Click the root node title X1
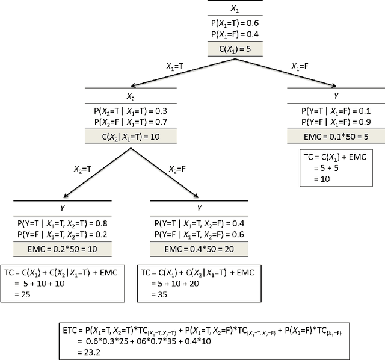pos(235,10)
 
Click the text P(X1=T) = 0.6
pos(235,24)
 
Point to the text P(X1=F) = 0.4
pos(235,34)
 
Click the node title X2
pos(131,97)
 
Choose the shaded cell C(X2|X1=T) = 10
pos(131,137)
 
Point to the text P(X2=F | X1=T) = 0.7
pos(131,122)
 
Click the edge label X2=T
pos(84,169)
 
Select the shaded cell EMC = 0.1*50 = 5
pos(333,137)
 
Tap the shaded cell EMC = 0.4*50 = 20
pos(198,248)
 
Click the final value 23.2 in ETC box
pos(87,351)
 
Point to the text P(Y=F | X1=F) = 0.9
pos(333,122)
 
